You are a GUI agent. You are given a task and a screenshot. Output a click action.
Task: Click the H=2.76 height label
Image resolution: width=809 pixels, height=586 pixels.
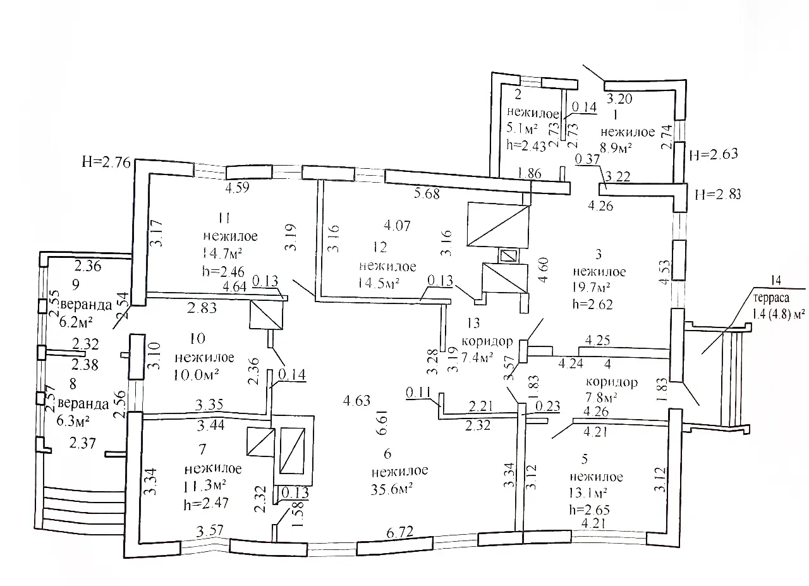[106, 162]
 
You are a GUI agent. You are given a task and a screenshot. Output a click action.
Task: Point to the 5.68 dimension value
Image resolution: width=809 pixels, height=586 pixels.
[427, 193]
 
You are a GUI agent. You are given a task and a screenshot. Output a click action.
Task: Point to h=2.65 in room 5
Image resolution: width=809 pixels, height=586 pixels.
[590, 509]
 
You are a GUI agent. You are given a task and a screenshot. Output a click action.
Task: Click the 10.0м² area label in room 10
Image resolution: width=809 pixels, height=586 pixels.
[196, 374]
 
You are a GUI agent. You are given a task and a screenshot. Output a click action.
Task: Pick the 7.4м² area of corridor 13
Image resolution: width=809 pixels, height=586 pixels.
[478, 358]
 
